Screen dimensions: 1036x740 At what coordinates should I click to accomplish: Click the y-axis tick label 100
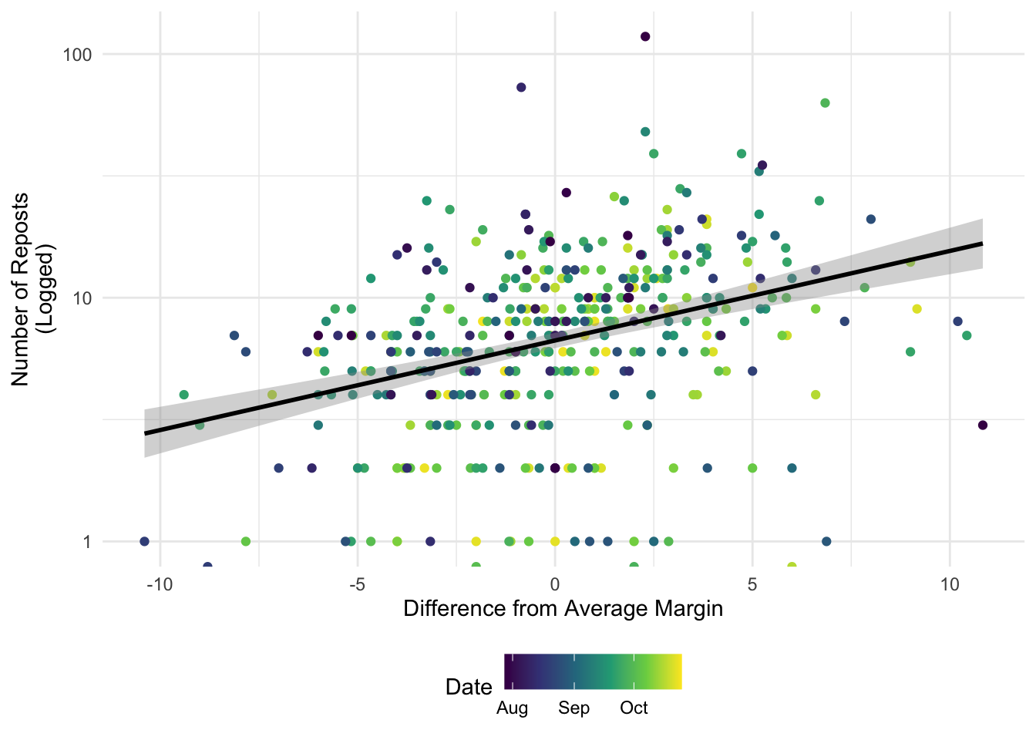pos(77,55)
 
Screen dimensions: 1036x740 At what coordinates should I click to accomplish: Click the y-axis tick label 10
pos(82,298)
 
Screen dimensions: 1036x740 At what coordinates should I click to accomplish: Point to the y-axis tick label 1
pos(87,542)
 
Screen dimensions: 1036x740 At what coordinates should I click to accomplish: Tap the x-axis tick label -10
pos(160,585)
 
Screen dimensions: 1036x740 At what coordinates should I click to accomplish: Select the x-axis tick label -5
pos(358,585)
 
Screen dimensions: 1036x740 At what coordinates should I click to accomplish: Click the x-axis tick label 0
pos(555,585)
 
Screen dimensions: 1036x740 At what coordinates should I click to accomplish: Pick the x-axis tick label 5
pos(752,585)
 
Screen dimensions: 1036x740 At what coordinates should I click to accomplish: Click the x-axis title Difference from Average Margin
pos(563,609)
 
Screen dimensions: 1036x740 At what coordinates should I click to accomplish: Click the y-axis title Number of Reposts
pos(20,290)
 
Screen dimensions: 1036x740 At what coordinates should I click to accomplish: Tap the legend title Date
pos(469,688)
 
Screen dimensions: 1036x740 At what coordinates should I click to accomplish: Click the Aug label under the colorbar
pos(512,708)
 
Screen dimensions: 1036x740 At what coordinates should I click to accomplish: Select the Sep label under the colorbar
pos(574,708)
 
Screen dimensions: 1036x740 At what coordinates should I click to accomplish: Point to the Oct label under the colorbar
pos(634,708)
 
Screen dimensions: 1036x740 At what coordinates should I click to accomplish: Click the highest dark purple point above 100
pos(645,36)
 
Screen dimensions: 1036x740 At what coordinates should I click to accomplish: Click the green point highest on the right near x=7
pos(825,103)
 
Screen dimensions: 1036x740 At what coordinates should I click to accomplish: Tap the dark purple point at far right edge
pos(983,425)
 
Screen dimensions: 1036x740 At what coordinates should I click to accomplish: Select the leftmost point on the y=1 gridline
pos(144,541)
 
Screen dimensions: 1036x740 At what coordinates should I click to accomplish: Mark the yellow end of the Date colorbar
pos(681,671)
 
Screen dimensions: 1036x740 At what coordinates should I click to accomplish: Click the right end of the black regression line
pos(982,244)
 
